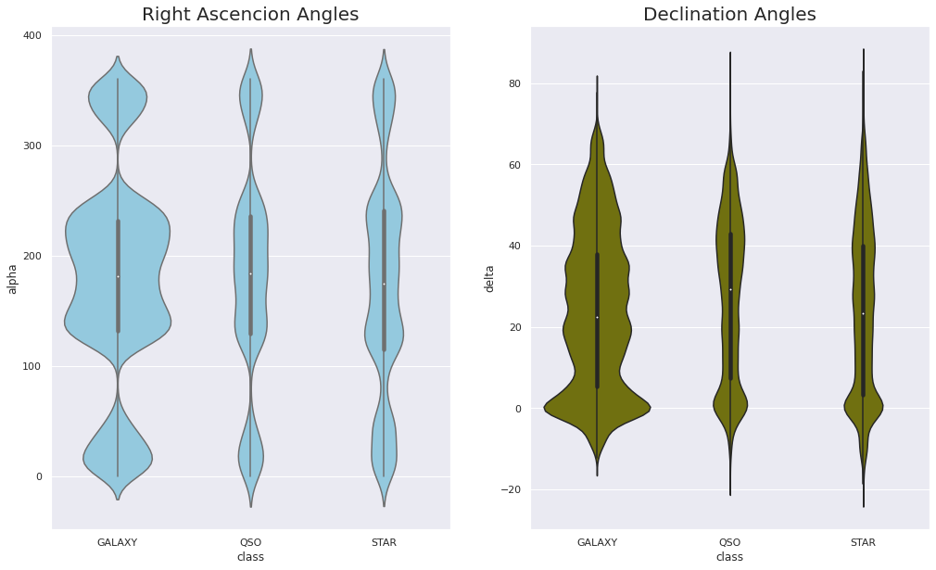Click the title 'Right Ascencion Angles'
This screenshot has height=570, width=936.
[x=250, y=14]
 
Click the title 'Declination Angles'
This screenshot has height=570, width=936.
[x=729, y=14]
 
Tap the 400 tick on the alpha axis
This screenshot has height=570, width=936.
[x=34, y=35]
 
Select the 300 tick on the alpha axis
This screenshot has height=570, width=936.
[x=34, y=146]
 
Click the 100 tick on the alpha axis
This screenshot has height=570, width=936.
[x=34, y=366]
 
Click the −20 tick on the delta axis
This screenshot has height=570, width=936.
[x=512, y=489]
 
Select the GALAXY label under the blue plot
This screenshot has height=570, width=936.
[x=118, y=542]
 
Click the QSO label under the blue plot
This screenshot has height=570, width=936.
[x=250, y=542]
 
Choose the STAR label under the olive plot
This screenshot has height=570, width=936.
[x=863, y=542]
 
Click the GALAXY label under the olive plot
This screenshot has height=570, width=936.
[x=597, y=542]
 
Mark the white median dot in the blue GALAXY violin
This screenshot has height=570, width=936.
[x=118, y=276]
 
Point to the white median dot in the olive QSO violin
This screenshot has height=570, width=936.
[x=730, y=289]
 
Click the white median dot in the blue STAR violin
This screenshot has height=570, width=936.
[x=384, y=284]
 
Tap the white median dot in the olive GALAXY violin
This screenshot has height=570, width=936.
[x=597, y=317]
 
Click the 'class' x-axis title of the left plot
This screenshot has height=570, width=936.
[x=250, y=557]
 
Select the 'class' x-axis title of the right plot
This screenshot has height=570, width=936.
[x=729, y=557]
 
